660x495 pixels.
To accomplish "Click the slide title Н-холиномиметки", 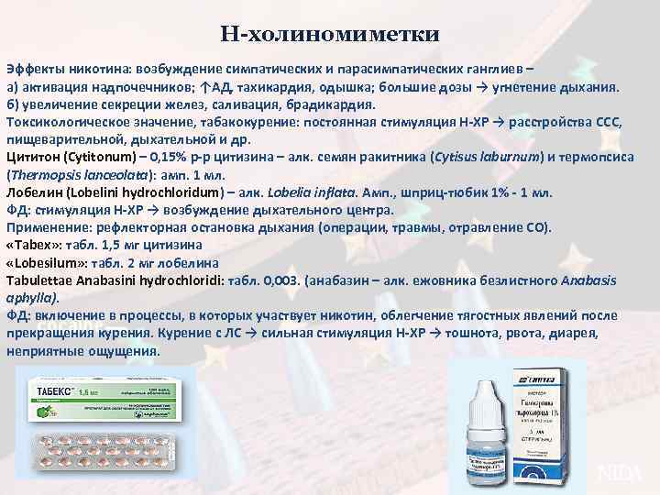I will [x=330, y=35].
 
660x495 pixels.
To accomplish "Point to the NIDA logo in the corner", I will [x=620, y=473].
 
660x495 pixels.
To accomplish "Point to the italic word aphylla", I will [x=31, y=297].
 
